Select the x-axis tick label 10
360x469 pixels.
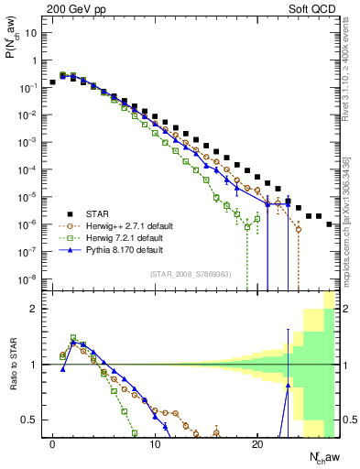coord(154,443)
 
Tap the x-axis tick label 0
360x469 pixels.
coord(52,443)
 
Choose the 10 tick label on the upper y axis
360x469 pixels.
coord(31,33)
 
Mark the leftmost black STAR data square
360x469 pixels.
coord(53,82)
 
